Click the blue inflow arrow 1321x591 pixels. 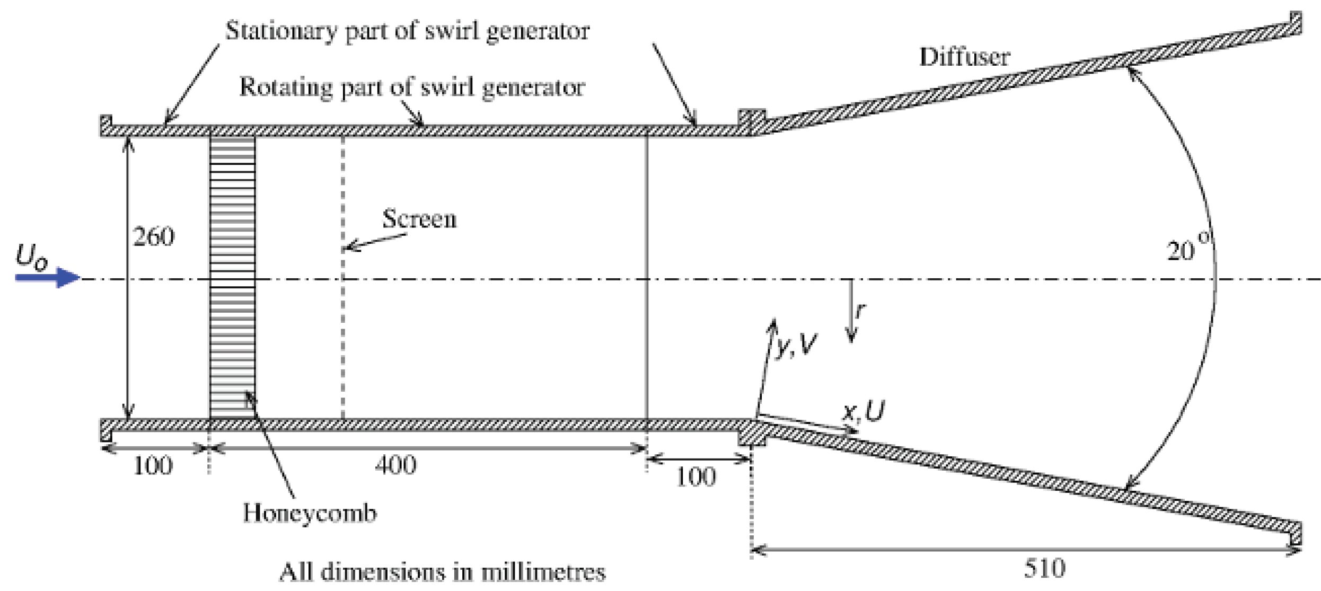pos(48,277)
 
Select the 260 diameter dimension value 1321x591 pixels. pos(153,236)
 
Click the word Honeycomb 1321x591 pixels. pos(310,513)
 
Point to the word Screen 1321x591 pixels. pos(419,219)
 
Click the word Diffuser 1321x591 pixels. pos(964,57)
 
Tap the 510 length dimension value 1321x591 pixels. pos(1044,569)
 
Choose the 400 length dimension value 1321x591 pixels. pos(395,465)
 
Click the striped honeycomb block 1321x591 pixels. pos(232,276)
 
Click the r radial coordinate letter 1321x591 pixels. pos(860,311)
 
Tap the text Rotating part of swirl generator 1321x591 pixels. pos(412,87)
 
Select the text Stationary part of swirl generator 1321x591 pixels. pos(407,31)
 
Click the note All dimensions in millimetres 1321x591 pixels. pos(442,572)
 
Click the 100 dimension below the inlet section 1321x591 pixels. pos(153,466)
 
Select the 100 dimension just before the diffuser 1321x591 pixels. pos(695,477)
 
